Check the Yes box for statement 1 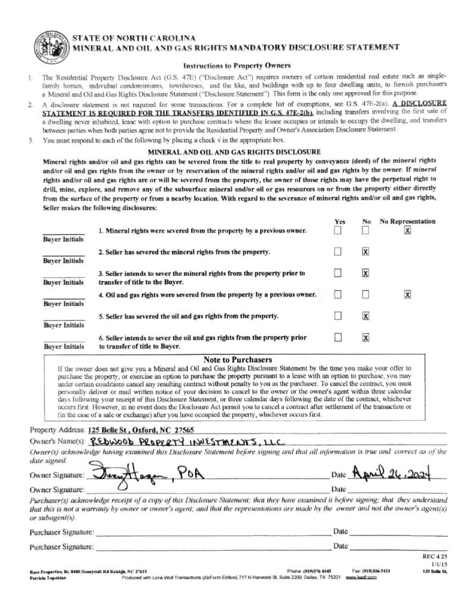point(338,231)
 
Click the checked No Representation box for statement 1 point(407,231)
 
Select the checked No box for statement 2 point(366,252)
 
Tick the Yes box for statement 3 point(338,274)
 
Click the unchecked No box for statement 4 point(366,294)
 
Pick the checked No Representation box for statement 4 point(407,294)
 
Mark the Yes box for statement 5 point(338,316)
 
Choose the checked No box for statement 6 point(366,338)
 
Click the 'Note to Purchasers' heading point(238,360)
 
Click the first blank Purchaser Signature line point(212,533)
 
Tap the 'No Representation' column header point(407,221)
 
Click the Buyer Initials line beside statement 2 point(64,255)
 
